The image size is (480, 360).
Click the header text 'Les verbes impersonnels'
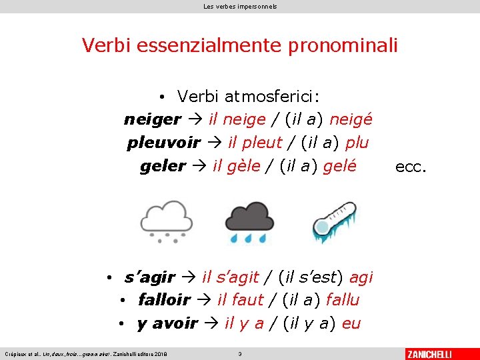click(240, 6)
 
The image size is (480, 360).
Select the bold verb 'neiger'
click(152, 120)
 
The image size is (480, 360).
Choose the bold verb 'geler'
click(163, 166)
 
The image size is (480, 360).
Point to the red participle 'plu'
click(356, 143)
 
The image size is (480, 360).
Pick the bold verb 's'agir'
click(149, 277)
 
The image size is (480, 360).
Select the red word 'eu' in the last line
click(351, 323)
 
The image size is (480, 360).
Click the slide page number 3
click(240, 353)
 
